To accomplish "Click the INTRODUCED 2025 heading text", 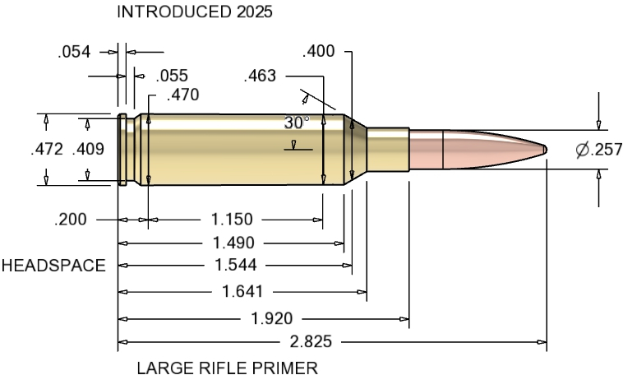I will click(194, 12).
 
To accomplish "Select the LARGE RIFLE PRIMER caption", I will click(227, 367).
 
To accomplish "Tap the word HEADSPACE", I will click(53, 266).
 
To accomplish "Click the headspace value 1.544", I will click(237, 265).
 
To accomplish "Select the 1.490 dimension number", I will click(233, 243).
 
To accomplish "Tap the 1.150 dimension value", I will click(232, 220).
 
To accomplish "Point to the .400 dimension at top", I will click(319, 52).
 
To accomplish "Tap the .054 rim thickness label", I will click(75, 52).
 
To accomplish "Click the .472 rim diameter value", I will click(47, 150).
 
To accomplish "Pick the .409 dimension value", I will click(88, 150).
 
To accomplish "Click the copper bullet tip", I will click(544, 149).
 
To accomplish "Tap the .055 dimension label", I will click(172, 76).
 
